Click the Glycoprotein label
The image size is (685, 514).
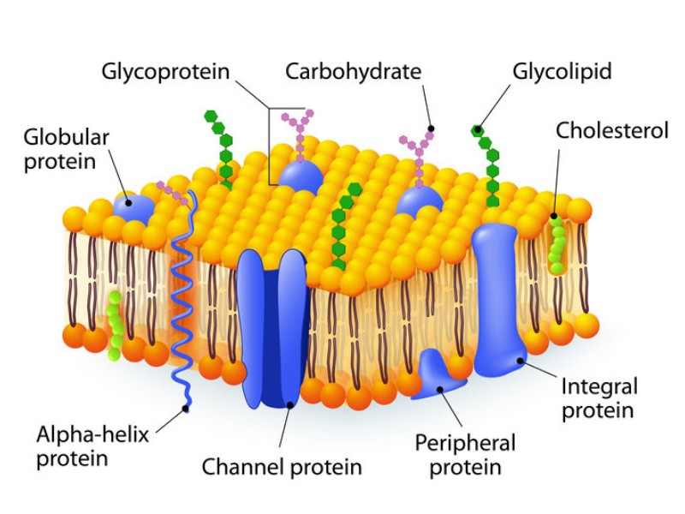pyautogui.click(x=165, y=70)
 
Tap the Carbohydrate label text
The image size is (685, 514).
pyautogui.click(x=353, y=70)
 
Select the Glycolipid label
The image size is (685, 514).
pyautogui.click(x=562, y=70)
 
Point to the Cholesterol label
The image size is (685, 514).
pyautogui.click(x=611, y=130)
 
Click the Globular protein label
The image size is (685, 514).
pyautogui.click(x=66, y=148)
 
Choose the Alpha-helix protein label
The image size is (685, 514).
pyautogui.click(x=92, y=445)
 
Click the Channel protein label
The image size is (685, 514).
pyautogui.click(x=282, y=466)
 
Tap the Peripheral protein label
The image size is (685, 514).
pyautogui.click(x=465, y=454)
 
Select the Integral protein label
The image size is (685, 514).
pyautogui.click(x=599, y=397)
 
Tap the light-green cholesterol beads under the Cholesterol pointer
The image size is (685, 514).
pyautogui.click(x=557, y=244)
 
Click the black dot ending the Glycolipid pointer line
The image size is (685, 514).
pyautogui.click(x=476, y=130)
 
